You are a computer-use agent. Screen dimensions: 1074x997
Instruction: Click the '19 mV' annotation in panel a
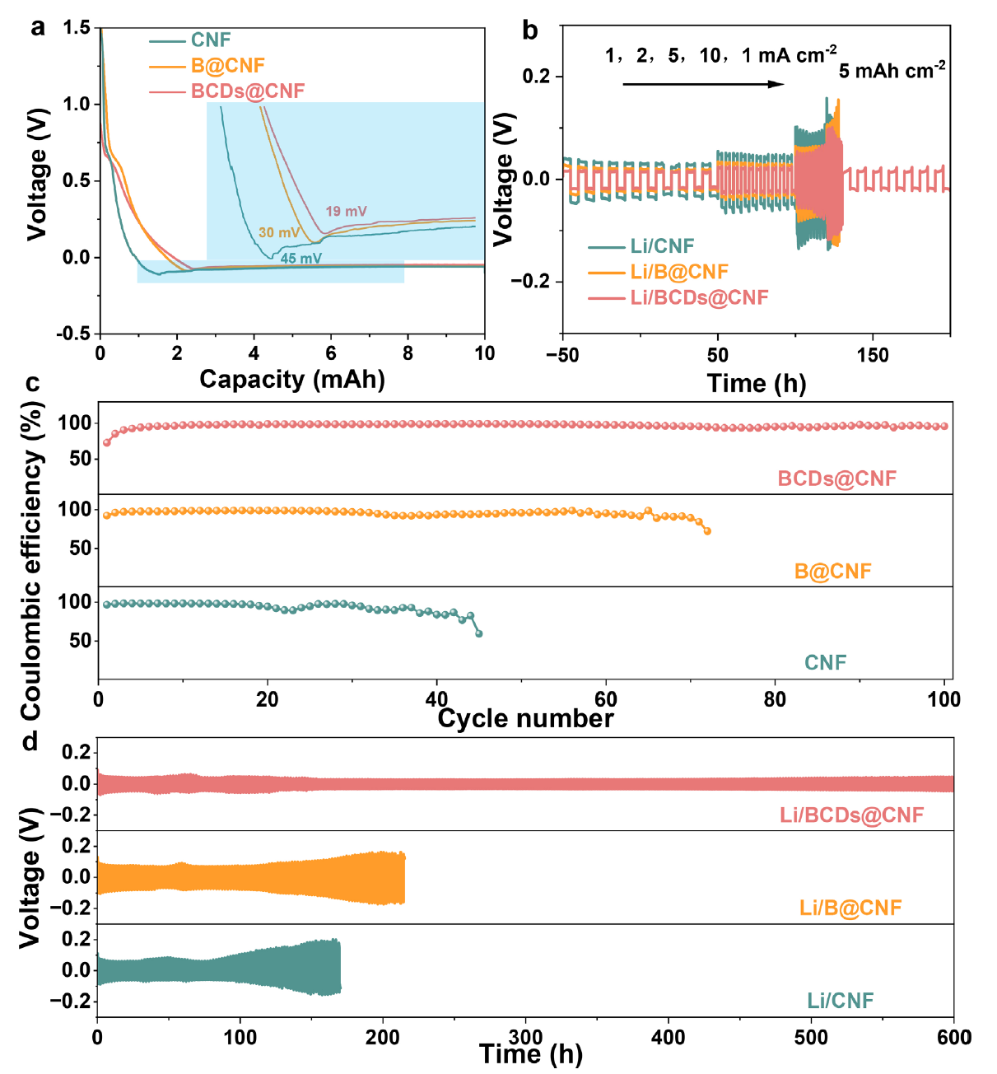[x=346, y=212]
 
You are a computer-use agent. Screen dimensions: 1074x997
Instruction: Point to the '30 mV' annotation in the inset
[x=279, y=233]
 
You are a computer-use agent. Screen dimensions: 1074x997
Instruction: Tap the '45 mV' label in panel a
[x=300, y=259]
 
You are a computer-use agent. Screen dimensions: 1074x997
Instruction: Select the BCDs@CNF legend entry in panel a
[x=247, y=91]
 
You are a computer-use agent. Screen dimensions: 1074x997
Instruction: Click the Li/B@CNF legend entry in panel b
[x=679, y=272]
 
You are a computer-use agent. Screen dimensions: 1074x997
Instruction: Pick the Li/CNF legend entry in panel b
[x=662, y=246]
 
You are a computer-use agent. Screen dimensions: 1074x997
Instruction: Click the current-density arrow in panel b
[x=704, y=83]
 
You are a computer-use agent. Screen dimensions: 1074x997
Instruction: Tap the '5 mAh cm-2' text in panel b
[x=892, y=71]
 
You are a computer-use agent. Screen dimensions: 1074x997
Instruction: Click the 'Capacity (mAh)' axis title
[x=292, y=380]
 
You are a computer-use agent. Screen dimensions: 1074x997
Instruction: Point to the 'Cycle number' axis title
[x=525, y=719]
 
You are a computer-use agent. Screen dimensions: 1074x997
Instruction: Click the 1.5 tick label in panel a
[x=77, y=28]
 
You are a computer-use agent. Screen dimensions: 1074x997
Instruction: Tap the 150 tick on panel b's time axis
[x=873, y=356]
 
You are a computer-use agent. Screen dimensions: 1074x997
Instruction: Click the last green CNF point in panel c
[x=479, y=633]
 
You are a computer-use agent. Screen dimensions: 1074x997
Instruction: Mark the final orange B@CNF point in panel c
[x=707, y=531]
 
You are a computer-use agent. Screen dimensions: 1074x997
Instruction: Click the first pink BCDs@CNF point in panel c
[x=107, y=442]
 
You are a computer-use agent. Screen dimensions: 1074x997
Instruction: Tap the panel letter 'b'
[x=530, y=31]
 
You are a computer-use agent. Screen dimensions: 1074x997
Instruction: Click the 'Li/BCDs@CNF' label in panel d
[x=851, y=815]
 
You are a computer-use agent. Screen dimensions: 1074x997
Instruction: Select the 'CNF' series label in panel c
[x=825, y=663]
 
